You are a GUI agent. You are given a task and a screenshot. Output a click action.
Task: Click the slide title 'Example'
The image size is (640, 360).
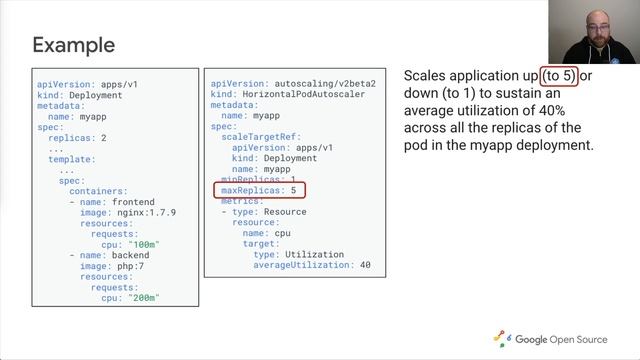(x=73, y=45)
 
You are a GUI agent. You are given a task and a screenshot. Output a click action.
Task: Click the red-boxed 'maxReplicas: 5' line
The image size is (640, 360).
(x=259, y=190)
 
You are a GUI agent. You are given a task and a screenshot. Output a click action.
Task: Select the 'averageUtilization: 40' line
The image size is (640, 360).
(x=312, y=265)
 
